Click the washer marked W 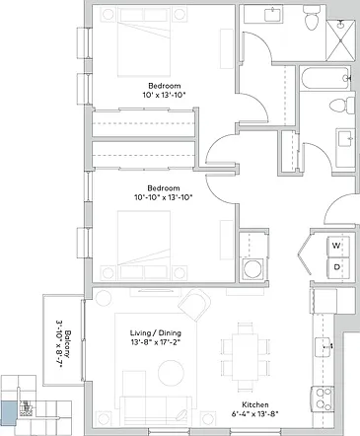pyautogui.click(x=338, y=247)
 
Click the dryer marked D pyautogui.click(x=338, y=267)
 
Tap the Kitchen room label pyautogui.click(x=255, y=404)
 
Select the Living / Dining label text pyautogui.click(x=156, y=333)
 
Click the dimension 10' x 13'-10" pyautogui.click(x=165, y=96)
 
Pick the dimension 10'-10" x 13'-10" pyautogui.click(x=164, y=197)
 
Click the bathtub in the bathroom pyautogui.click(x=325, y=78)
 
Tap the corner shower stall pyautogui.click(x=340, y=39)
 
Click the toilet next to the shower pyautogui.click(x=312, y=18)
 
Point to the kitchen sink pyautogui.click(x=324, y=346)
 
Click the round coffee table pyautogui.click(x=171, y=373)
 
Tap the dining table pyautogui.click(x=245, y=357)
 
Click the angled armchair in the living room pyautogui.click(x=194, y=305)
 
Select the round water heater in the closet pyautogui.click(x=252, y=268)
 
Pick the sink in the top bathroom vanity pyautogui.click(x=273, y=15)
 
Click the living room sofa pyautogui.click(x=156, y=410)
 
